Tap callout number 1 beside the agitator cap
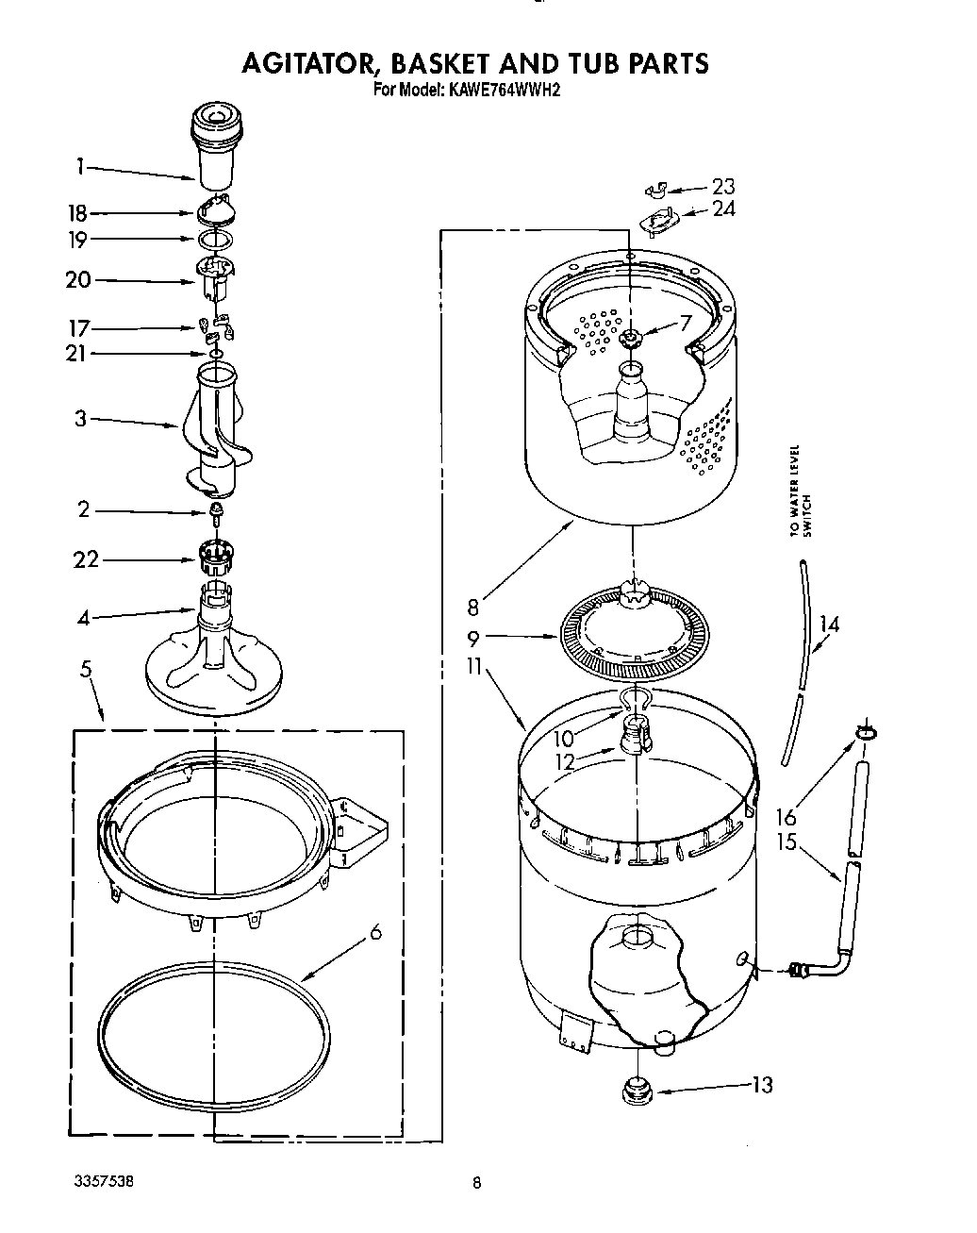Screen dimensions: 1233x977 point(80,167)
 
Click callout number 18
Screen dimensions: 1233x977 point(76,214)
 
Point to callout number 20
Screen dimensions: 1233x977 point(78,280)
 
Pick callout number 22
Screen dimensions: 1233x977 point(86,560)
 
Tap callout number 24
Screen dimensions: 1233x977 point(723,208)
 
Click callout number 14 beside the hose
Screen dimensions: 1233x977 point(829,624)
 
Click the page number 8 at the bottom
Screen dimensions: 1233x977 point(477,1183)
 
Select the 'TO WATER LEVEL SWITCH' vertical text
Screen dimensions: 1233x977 point(800,491)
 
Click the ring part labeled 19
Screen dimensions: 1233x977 point(215,240)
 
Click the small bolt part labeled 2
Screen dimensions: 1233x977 point(216,512)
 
